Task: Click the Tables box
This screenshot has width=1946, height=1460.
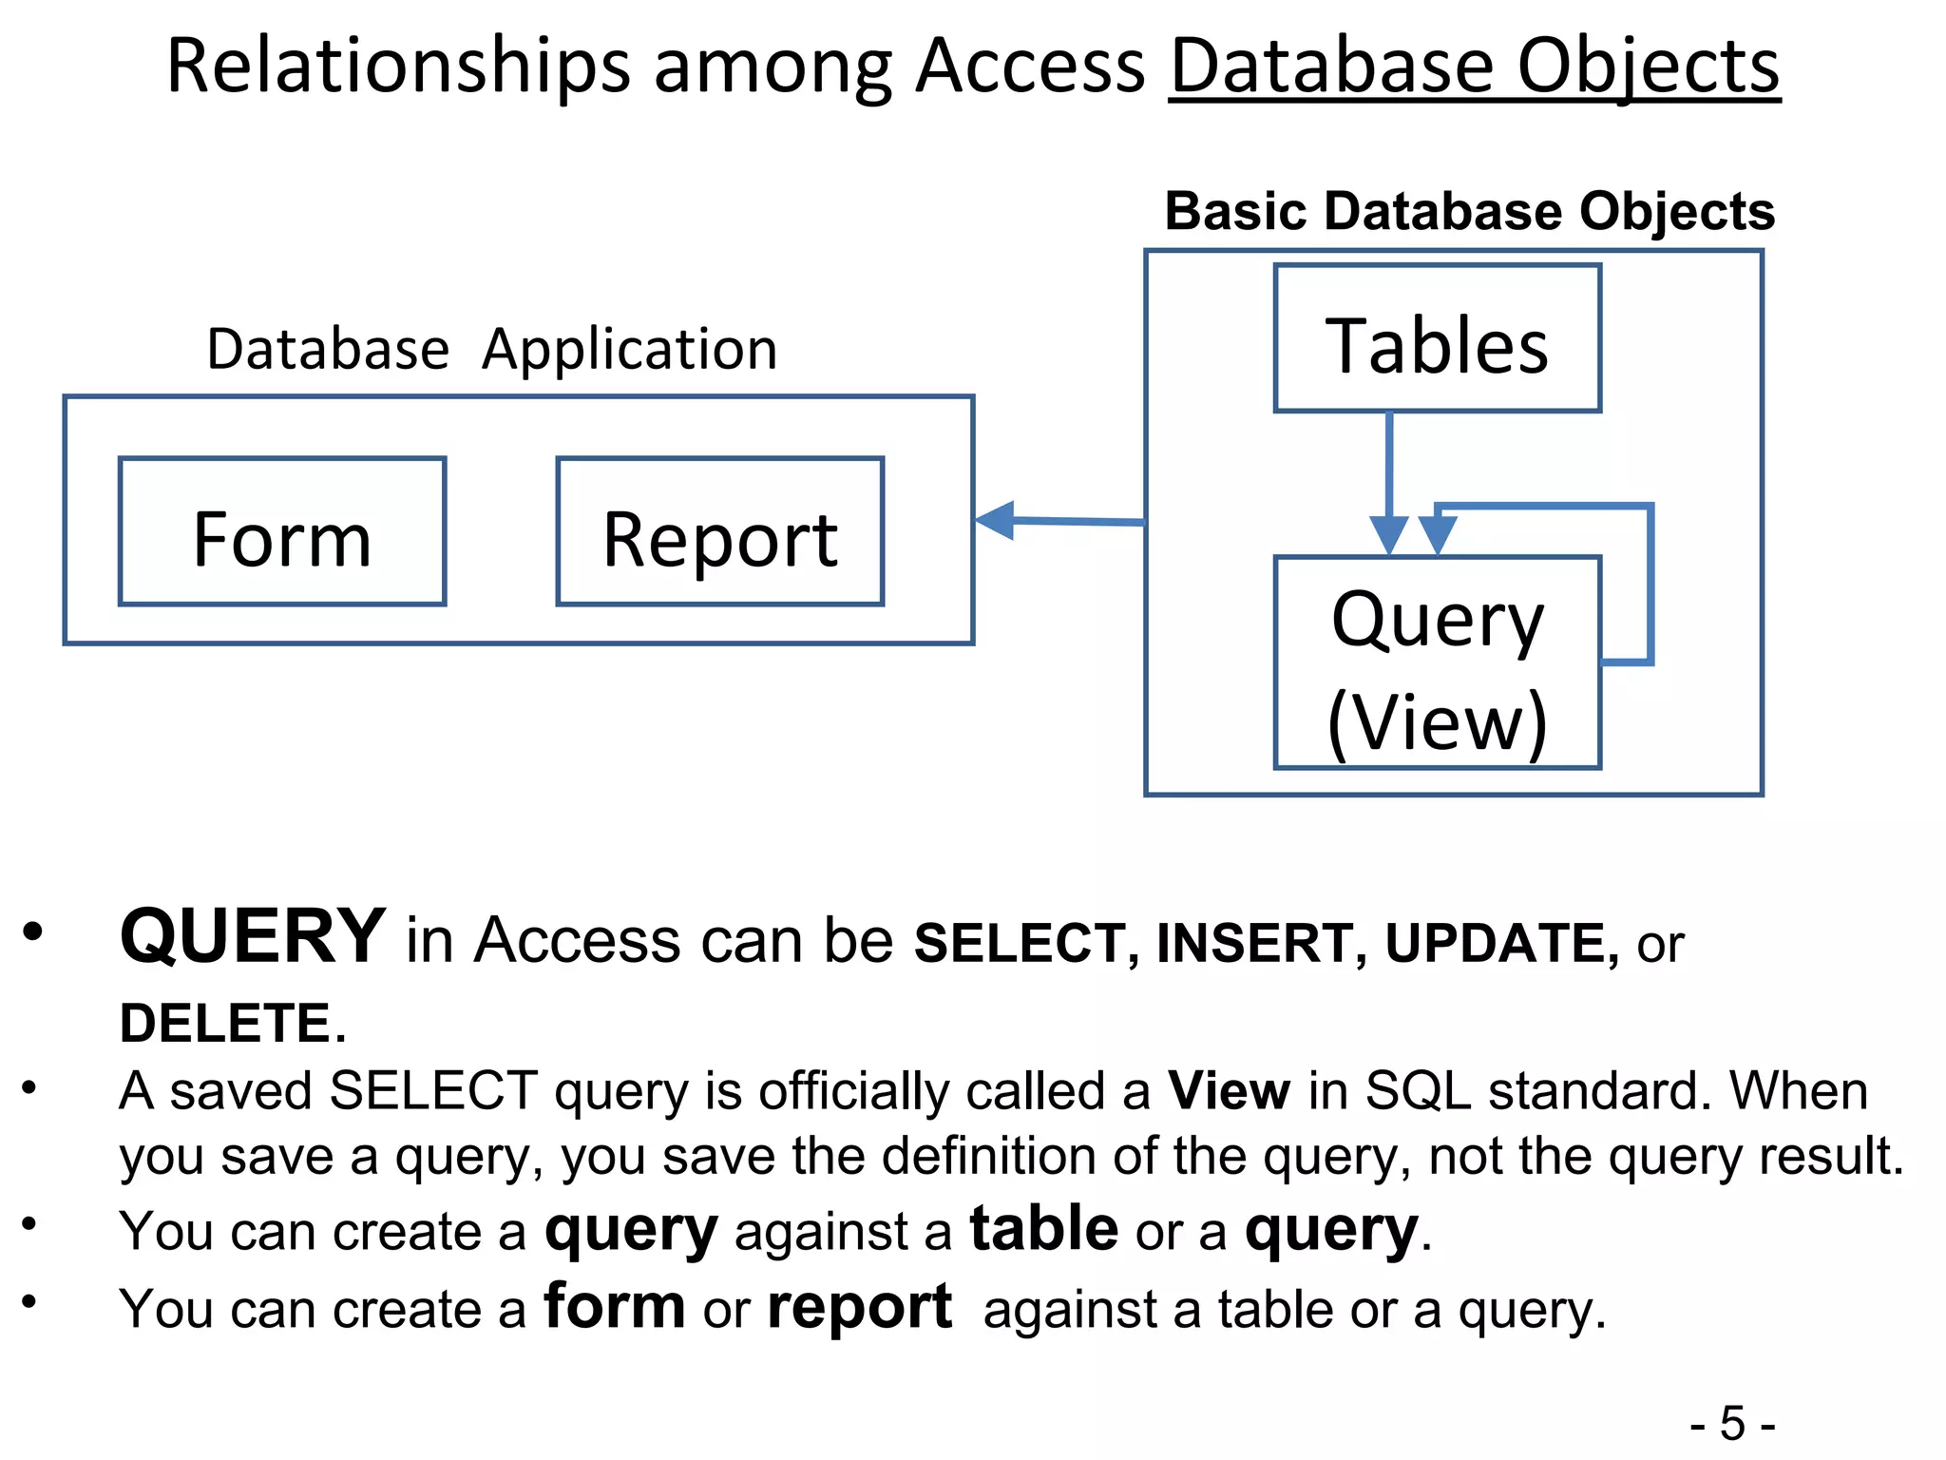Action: click(x=1437, y=339)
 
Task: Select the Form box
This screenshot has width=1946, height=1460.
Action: click(x=282, y=532)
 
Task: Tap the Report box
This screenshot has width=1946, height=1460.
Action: click(x=719, y=532)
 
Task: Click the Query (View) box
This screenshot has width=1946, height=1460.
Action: click(x=1437, y=663)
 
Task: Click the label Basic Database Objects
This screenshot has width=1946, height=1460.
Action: click(x=1469, y=211)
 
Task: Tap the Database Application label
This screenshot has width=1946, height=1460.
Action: click(x=491, y=349)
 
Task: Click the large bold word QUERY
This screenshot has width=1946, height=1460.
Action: click(x=253, y=936)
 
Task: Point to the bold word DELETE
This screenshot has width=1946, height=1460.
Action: click(x=225, y=1024)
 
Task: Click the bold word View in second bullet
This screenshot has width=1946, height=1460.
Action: click(x=1229, y=1090)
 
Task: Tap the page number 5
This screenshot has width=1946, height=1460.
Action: click(x=1732, y=1424)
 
